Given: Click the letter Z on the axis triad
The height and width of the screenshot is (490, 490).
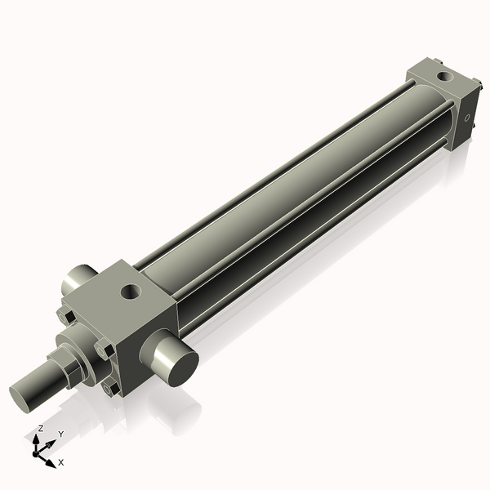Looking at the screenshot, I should click(40, 429).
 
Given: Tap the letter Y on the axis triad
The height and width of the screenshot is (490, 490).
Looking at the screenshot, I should click(60, 434).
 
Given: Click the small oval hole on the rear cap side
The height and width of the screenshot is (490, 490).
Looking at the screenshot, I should click(468, 118).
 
